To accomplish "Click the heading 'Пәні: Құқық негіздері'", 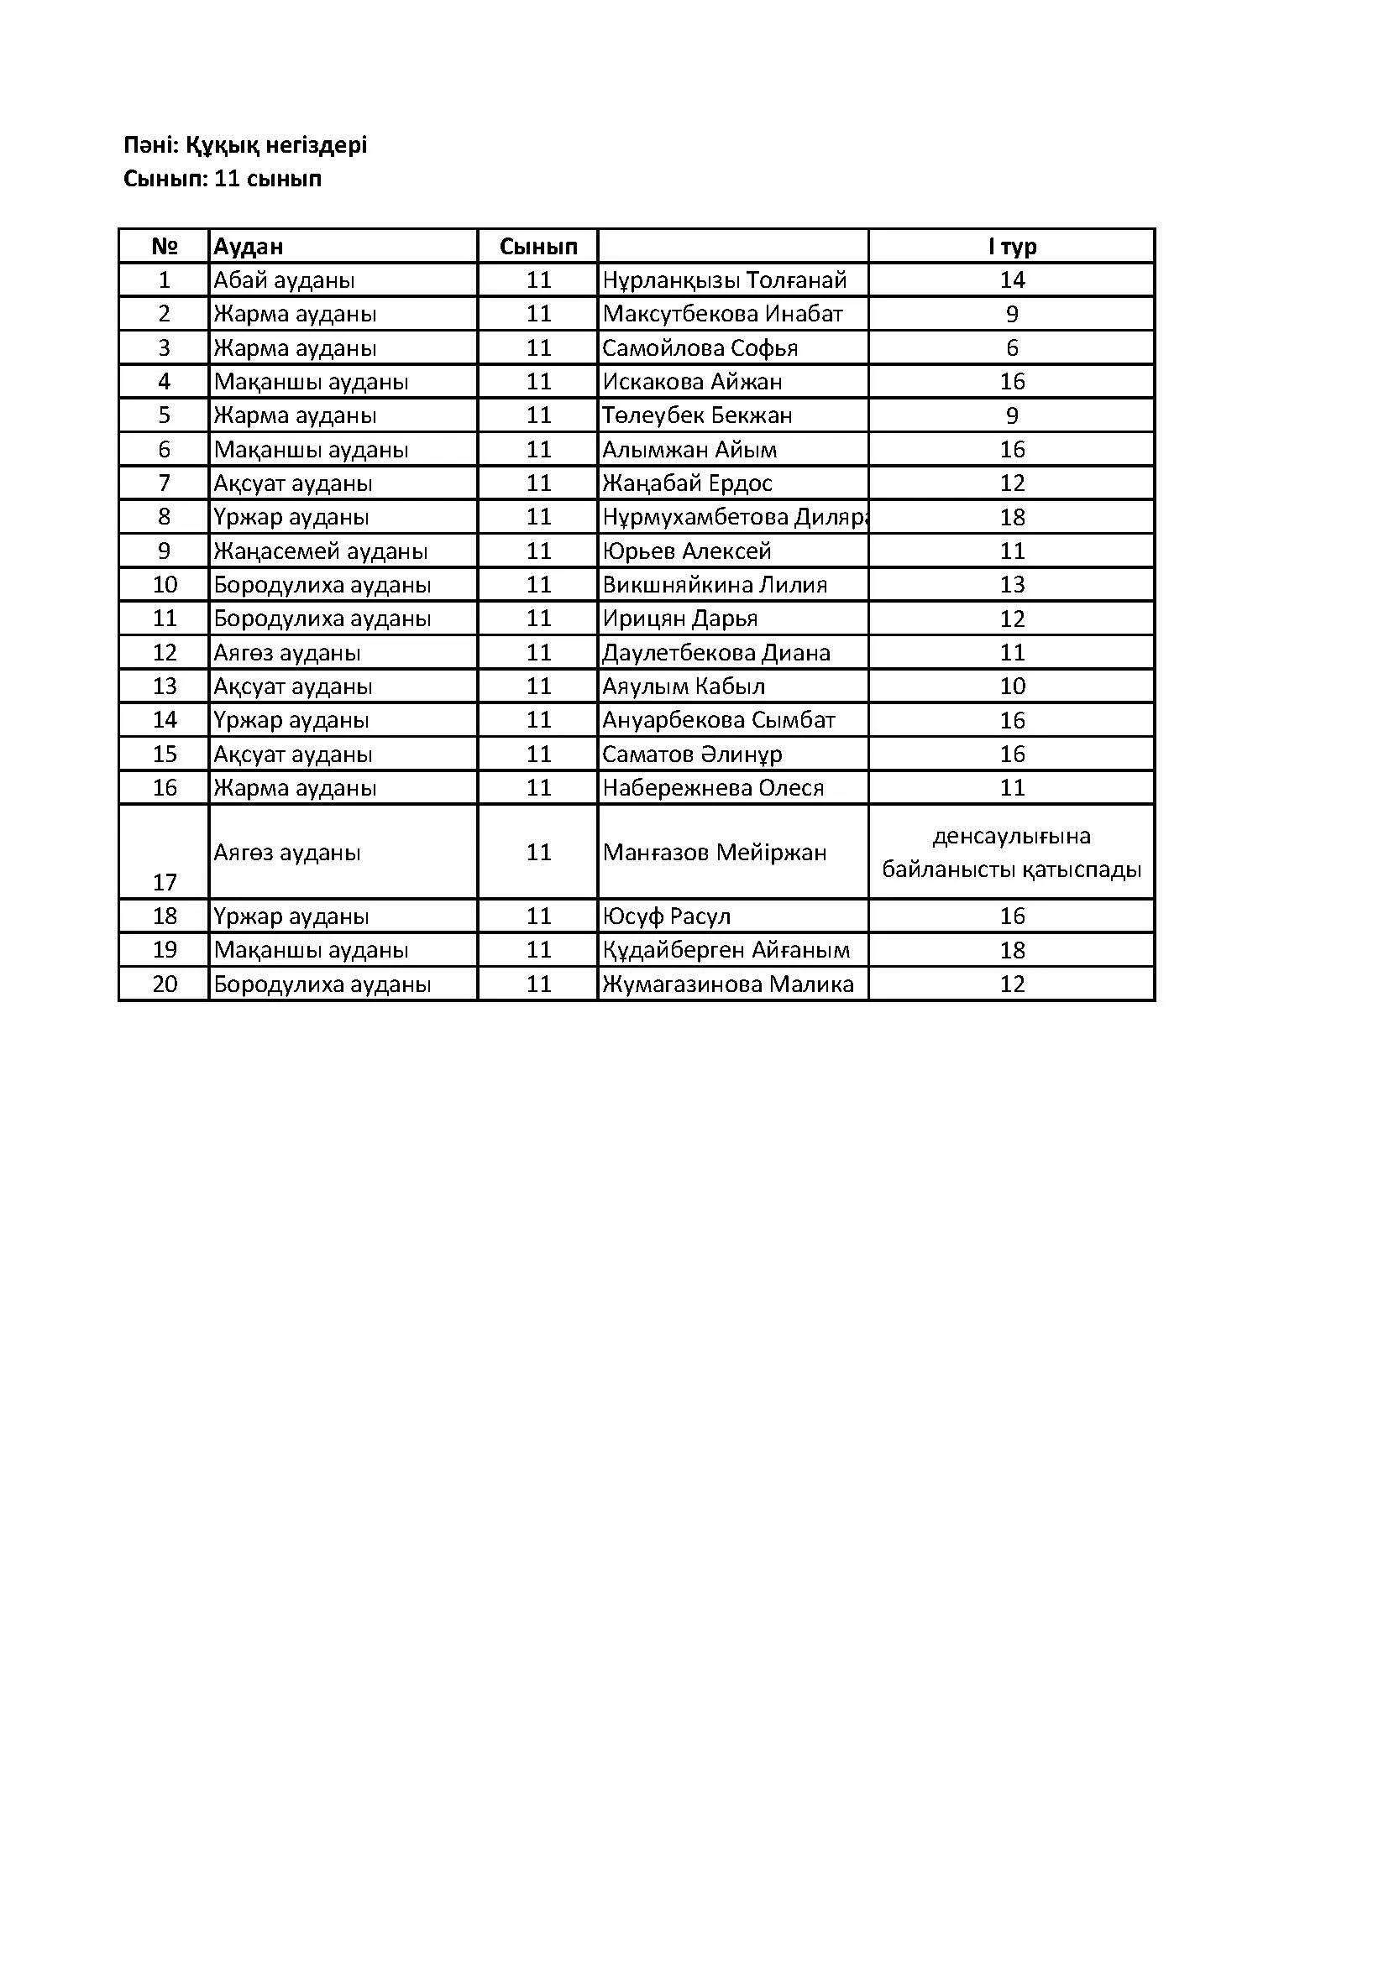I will pyautogui.click(x=245, y=145).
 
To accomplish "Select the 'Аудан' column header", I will pyautogui.click(x=248, y=246).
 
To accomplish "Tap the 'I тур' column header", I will pyautogui.click(x=1012, y=246).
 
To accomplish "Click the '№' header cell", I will pyautogui.click(x=165, y=246).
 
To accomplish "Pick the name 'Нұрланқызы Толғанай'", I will pyautogui.click(x=725, y=280).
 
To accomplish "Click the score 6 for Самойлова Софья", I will pyautogui.click(x=1012, y=348).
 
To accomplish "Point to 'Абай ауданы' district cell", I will pyautogui.click(x=284, y=280).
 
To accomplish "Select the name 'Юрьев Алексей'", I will pyautogui.click(x=687, y=551).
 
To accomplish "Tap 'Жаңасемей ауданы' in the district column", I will pyautogui.click(x=321, y=551).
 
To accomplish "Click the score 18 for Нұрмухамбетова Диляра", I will pyautogui.click(x=1012, y=517).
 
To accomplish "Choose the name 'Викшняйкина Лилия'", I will pyautogui.click(x=715, y=585).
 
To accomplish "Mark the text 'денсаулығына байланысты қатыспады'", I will pyautogui.click(x=1012, y=853).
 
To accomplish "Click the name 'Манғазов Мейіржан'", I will pyautogui.click(x=714, y=853).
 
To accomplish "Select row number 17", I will pyautogui.click(x=165, y=882).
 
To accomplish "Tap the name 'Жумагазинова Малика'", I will pyautogui.click(x=728, y=984).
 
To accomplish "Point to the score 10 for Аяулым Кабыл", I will pyautogui.click(x=1012, y=687).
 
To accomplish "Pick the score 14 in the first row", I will pyautogui.click(x=1012, y=280).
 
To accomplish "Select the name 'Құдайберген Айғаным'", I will pyautogui.click(x=726, y=950).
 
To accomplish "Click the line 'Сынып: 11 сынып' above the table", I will pyautogui.click(x=223, y=180).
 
